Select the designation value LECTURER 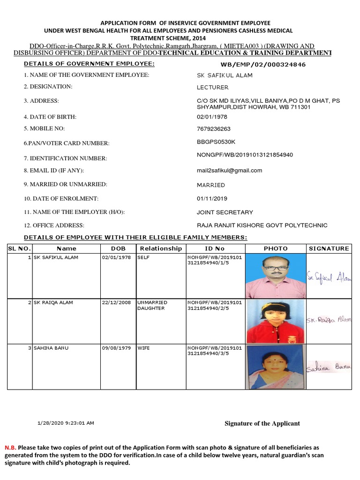(x=213, y=87)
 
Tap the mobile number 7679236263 (x=214, y=129)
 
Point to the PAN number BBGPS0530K (x=216, y=141)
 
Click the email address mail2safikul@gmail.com (x=229, y=170)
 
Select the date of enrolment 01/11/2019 (x=212, y=198)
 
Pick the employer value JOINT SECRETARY (x=225, y=212)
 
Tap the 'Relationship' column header (x=161, y=248)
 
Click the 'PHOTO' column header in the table (x=276, y=248)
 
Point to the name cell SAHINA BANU (x=49, y=348)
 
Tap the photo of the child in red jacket (x=276, y=321)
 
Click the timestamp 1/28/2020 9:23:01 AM (x=66, y=423)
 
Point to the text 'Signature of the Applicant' (x=262, y=423)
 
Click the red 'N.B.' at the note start (x=10, y=448)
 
